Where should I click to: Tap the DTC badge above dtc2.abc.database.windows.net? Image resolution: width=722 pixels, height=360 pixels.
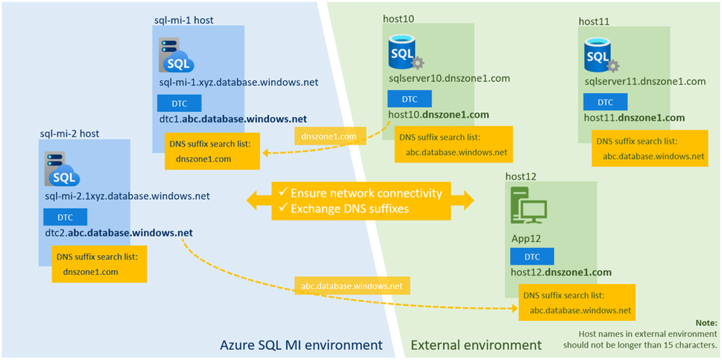pyautogui.click(x=66, y=217)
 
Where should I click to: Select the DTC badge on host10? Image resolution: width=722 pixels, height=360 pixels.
pyautogui.click(x=409, y=99)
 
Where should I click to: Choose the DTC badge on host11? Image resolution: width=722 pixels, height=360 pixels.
pyautogui.click(x=606, y=102)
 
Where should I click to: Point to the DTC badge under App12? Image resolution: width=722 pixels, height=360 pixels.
pyautogui.click(x=532, y=257)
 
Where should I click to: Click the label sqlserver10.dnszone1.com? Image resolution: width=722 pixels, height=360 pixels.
pyautogui.click(x=449, y=79)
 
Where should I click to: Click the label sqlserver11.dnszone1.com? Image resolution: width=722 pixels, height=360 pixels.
pyautogui.click(x=645, y=82)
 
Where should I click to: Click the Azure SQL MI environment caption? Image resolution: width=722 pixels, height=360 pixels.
pyautogui.click(x=301, y=345)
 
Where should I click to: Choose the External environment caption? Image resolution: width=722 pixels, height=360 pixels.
pyautogui.click(x=476, y=345)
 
